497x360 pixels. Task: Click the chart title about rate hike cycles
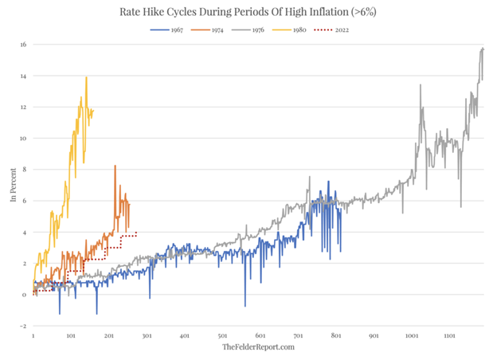click(248, 12)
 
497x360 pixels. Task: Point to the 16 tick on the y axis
click(23, 45)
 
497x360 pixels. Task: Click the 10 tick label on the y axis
click(23, 139)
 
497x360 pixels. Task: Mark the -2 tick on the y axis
click(23, 326)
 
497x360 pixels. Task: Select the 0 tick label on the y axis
click(24, 295)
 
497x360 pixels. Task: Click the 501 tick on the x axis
click(222, 336)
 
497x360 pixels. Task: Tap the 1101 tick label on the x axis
click(449, 336)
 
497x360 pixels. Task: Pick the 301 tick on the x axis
click(147, 336)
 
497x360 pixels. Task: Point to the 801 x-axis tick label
click(335, 336)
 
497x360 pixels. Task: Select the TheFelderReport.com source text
click(259, 347)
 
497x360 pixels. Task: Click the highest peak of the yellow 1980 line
click(87, 77)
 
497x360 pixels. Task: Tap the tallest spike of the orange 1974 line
click(115, 166)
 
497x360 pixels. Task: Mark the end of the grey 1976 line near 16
click(483, 49)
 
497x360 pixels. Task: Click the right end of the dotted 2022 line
click(137, 233)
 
